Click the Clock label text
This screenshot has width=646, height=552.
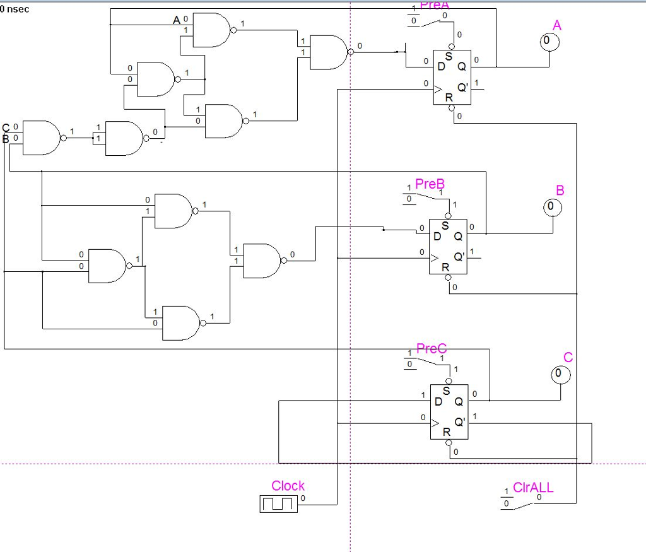(x=288, y=486)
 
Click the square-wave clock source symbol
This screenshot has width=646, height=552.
(x=278, y=503)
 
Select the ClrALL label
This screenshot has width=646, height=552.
(x=533, y=488)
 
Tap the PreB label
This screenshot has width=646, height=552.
(x=430, y=184)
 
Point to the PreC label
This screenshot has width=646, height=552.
(x=432, y=349)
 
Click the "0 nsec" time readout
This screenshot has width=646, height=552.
(x=15, y=9)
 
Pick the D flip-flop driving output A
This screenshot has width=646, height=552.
(x=452, y=78)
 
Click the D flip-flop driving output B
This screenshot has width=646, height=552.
(x=448, y=246)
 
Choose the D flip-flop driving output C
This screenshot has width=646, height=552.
(x=449, y=411)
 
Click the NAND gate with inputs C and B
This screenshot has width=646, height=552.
(x=40, y=138)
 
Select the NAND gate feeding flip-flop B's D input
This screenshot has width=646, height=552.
(x=261, y=261)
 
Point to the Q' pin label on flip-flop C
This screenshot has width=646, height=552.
(x=459, y=422)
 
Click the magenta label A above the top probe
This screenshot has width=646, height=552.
(x=556, y=25)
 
